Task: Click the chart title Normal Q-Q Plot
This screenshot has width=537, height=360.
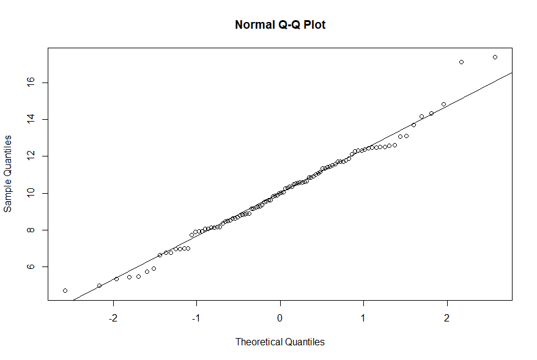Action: coord(280,25)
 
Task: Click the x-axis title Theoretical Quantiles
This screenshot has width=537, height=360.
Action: coord(280,342)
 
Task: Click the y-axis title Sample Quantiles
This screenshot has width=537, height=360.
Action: coord(8,174)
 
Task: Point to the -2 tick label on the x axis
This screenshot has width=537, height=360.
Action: coord(113,318)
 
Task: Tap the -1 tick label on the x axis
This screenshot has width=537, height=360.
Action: coord(196,318)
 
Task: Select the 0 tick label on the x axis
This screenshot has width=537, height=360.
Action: coord(280,318)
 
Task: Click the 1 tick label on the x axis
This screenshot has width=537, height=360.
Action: coord(363,318)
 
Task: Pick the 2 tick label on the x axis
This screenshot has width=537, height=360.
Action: coord(446,318)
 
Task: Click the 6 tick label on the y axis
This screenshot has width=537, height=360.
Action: coord(29,267)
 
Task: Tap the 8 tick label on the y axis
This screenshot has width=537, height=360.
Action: coord(29,230)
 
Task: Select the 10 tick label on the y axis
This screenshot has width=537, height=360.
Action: coord(29,193)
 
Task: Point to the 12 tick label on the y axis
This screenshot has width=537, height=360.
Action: coord(29,156)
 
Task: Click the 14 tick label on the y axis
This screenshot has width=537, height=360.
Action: coord(29,119)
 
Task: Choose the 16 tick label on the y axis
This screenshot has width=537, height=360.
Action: coord(29,82)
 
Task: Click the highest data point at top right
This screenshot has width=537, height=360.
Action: coord(495,57)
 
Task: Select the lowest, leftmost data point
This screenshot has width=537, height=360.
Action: coord(65,290)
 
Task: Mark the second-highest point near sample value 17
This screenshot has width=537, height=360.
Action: coord(461,62)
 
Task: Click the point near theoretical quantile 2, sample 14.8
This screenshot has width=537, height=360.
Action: coord(443,104)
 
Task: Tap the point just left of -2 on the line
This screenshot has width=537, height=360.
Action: coord(99,285)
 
